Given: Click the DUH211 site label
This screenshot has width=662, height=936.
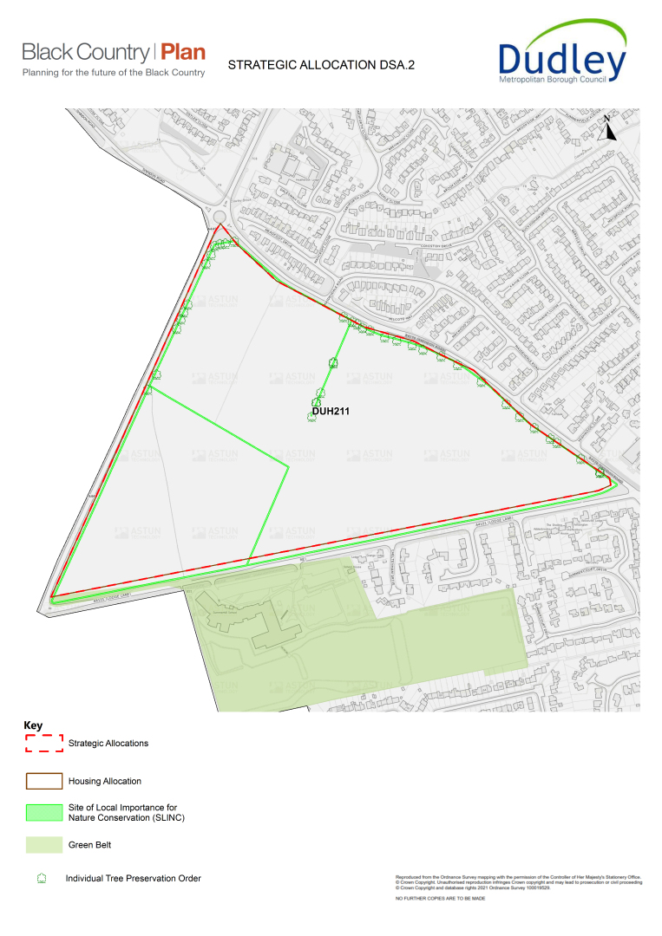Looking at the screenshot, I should (x=331, y=411).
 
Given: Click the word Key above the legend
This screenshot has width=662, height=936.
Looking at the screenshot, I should (x=33, y=726).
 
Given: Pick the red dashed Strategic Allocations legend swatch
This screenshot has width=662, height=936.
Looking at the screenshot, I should (x=43, y=743).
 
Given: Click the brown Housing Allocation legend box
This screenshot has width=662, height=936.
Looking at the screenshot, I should (x=43, y=781).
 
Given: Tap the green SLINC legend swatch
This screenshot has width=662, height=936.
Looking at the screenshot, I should (x=43, y=812).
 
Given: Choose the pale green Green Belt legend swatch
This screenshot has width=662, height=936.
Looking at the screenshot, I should (x=43, y=843).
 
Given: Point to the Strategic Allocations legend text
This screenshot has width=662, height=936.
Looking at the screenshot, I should (x=108, y=744).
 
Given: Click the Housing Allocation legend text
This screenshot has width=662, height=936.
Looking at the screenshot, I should (x=105, y=782).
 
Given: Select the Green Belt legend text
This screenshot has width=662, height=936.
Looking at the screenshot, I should (x=89, y=844).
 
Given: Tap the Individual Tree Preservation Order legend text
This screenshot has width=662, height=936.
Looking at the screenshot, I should (x=133, y=879).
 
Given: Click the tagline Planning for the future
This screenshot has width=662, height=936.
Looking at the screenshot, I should (x=114, y=73).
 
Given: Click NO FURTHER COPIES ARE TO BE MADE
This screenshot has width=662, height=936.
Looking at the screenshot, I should (x=440, y=899).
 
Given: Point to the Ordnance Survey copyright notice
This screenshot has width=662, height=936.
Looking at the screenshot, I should (x=518, y=883).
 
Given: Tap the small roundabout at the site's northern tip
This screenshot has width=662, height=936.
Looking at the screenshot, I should (x=219, y=218).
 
